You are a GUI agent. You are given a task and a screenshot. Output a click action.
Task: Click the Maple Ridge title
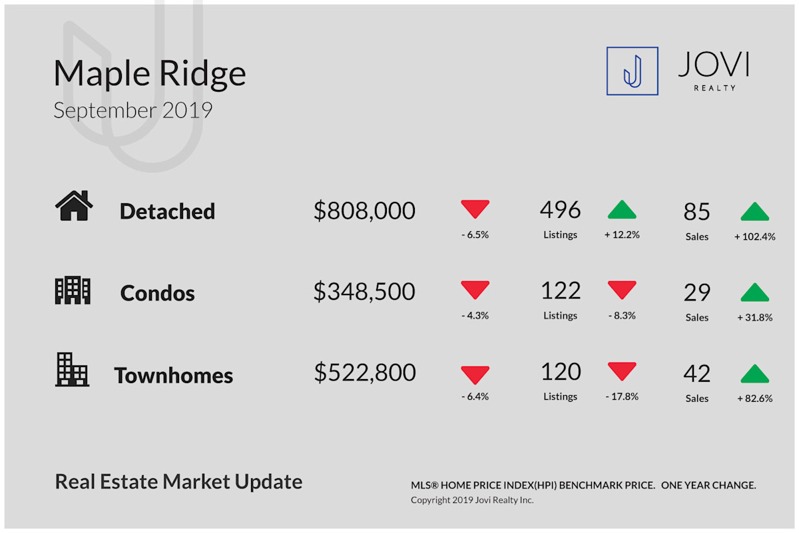(150, 74)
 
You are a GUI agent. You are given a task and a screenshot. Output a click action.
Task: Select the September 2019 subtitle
(133, 111)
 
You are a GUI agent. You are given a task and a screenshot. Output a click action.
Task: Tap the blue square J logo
(633, 71)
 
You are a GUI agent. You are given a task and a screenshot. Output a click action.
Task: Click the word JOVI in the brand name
(714, 64)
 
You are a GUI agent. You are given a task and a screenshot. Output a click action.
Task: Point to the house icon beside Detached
(74, 206)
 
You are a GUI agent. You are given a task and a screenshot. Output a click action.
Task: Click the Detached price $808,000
(365, 211)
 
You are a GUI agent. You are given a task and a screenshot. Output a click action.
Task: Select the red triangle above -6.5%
(475, 209)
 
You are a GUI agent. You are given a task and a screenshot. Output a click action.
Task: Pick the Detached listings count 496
(561, 210)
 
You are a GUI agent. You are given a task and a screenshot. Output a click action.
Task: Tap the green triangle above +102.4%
(755, 211)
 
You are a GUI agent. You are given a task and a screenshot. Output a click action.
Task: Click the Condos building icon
(73, 290)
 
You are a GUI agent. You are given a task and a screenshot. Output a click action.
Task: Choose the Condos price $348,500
(365, 291)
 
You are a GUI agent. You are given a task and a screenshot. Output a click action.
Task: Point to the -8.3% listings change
(622, 316)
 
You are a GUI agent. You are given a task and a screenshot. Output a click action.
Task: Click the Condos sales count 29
(697, 292)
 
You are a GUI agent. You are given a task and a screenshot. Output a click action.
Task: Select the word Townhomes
(173, 375)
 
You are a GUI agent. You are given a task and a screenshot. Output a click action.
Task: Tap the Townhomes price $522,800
(365, 372)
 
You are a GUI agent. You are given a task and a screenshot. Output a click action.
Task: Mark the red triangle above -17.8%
(622, 371)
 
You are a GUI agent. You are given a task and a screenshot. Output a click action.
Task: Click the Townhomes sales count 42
(697, 374)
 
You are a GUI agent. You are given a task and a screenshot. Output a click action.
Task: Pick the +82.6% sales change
(755, 398)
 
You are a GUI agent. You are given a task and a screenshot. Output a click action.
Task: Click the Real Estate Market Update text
(178, 482)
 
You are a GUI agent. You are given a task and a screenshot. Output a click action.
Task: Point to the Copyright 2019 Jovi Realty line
(472, 500)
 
